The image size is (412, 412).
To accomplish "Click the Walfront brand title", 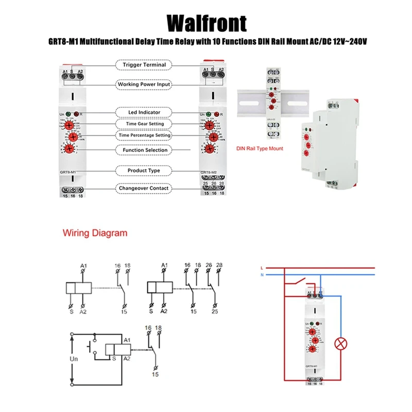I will click(x=206, y=23).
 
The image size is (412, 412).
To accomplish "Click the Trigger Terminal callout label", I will click(x=144, y=65).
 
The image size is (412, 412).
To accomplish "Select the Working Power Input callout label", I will click(x=144, y=84).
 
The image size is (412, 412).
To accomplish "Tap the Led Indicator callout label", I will click(x=144, y=112).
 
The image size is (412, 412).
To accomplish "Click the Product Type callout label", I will click(x=144, y=170).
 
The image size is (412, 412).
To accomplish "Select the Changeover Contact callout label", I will click(x=144, y=188).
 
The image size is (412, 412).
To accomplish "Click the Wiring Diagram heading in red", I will click(x=95, y=233).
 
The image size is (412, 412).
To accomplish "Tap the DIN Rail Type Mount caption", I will click(x=260, y=148).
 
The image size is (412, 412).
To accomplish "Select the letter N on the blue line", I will click(x=262, y=276).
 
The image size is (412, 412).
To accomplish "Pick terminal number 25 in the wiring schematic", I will click(x=214, y=312).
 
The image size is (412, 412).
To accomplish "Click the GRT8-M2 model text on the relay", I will click(x=209, y=172).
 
